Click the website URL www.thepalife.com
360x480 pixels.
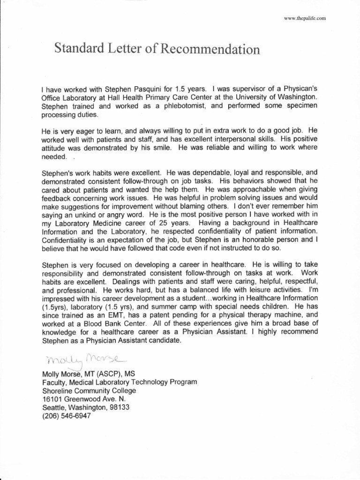tap(306, 18)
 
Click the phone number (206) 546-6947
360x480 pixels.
tap(66, 416)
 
